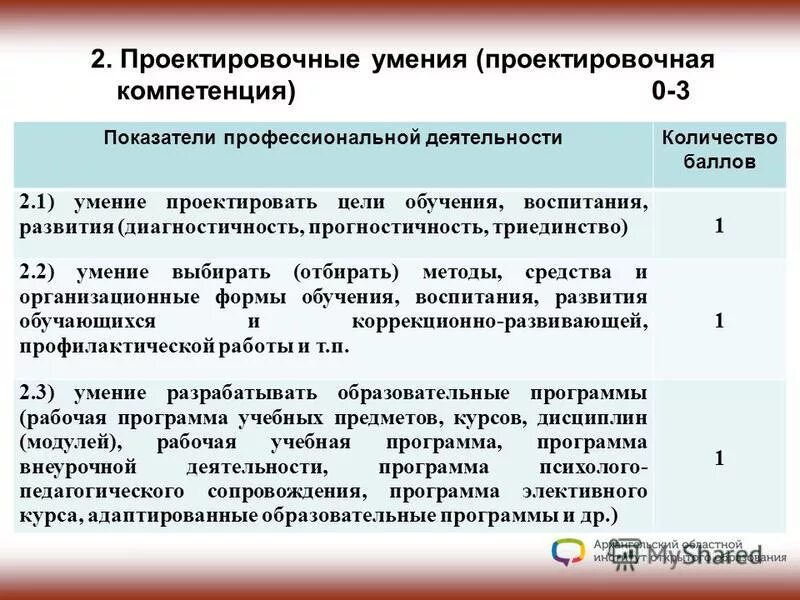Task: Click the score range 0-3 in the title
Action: tap(671, 91)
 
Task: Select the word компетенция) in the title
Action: tap(207, 91)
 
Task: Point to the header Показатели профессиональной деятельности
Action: tap(333, 138)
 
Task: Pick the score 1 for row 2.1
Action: tap(719, 225)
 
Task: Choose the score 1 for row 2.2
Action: tap(719, 320)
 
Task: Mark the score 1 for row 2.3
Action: tap(719, 457)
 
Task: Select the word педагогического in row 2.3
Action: tap(101, 492)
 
